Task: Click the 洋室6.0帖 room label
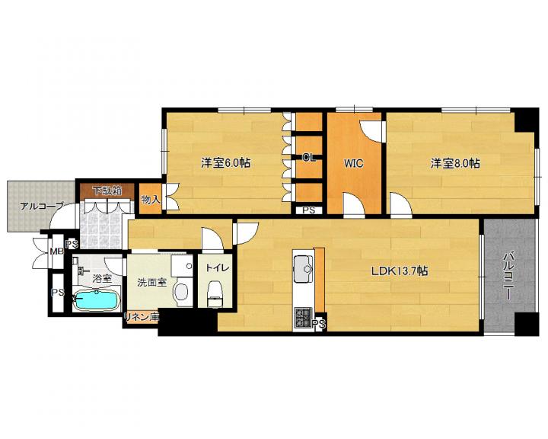click(x=225, y=163)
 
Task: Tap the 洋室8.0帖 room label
click(x=455, y=164)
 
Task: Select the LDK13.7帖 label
click(x=399, y=271)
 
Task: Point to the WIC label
click(x=354, y=164)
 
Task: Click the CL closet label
click(x=309, y=158)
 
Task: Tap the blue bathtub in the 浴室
click(x=97, y=300)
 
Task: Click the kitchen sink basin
click(x=303, y=268)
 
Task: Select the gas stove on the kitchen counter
click(x=302, y=318)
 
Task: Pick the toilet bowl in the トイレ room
click(x=215, y=293)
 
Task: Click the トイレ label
click(x=217, y=268)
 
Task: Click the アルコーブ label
click(x=41, y=207)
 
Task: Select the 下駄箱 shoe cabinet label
click(x=107, y=191)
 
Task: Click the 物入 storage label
click(x=150, y=200)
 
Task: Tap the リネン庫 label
click(x=142, y=317)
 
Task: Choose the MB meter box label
click(x=56, y=252)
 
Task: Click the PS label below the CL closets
click(x=309, y=210)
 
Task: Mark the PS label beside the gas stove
click(x=320, y=325)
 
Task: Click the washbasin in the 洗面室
click(x=181, y=292)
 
